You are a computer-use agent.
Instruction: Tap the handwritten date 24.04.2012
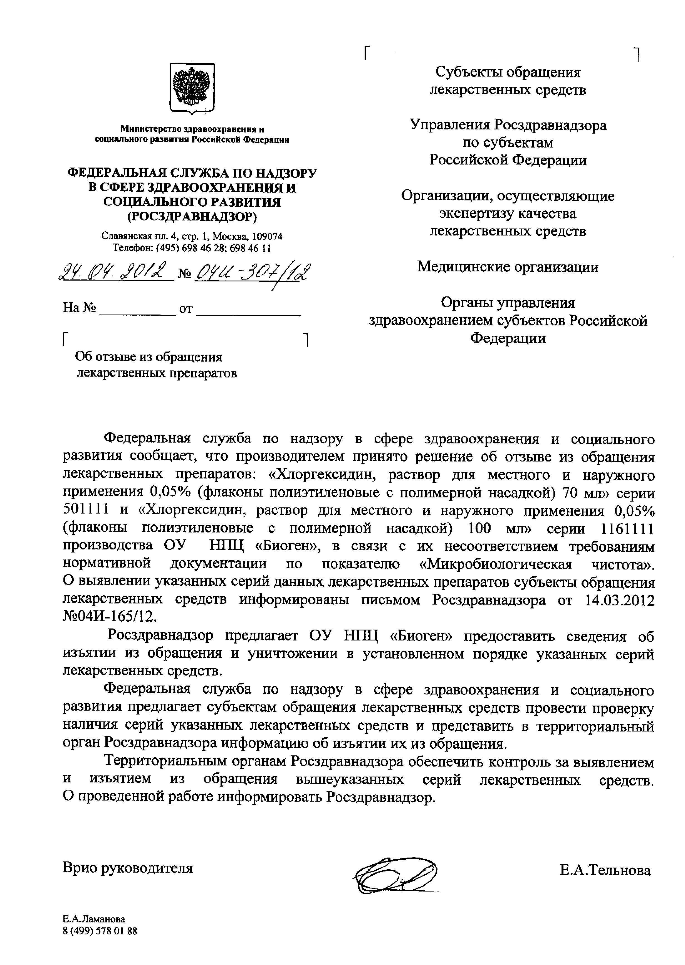coord(116,272)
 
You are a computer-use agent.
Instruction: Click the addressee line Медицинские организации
coord(508,267)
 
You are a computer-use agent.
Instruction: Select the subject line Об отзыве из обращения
coord(149,357)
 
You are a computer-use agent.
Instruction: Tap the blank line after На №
coord(139,309)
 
